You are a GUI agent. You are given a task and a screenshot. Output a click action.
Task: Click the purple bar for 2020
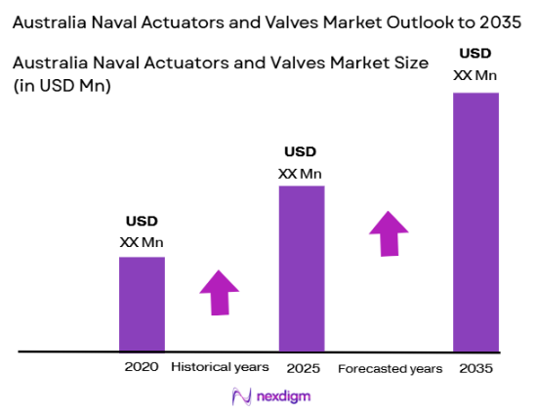142,304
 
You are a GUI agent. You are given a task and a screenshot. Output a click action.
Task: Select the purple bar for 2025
302,268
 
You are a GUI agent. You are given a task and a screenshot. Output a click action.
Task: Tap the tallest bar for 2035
475,222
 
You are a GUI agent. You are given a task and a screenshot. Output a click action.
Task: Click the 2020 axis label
141,368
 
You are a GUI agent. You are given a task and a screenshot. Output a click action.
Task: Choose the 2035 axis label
475,368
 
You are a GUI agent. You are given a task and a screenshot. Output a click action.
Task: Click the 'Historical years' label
220,368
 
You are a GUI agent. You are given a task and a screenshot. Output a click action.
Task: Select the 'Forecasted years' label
390,368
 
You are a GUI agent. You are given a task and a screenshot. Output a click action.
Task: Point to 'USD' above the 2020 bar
142,221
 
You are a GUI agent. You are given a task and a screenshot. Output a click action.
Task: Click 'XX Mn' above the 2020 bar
142,241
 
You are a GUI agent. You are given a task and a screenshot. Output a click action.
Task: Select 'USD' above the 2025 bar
301,152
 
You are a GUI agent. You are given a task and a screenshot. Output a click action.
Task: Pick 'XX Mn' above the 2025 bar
301,174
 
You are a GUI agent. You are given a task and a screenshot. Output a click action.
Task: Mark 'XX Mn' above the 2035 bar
475,73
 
